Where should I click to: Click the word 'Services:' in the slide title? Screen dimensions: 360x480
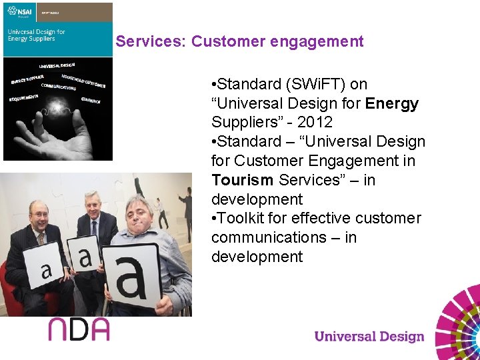click(x=151, y=41)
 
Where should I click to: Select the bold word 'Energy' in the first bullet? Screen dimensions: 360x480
click(x=392, y=103)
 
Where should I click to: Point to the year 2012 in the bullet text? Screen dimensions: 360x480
click(x=315, y=123)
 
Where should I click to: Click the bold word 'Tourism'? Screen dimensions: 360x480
click(x=243, y=180)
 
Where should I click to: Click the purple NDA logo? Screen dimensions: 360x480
click(x=78, y=329)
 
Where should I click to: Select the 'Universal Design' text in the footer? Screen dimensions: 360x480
click(x=369, y=336)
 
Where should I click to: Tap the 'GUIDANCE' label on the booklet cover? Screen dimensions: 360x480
click(x=91, y=101)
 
